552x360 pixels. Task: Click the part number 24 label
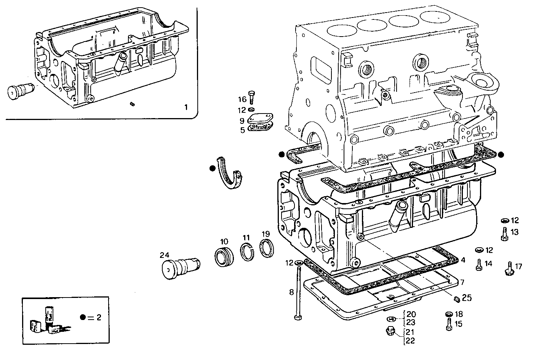click(164, 255)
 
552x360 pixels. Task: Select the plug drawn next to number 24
click(181, 268)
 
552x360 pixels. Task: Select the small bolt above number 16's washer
click(251, 97)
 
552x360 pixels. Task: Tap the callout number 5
click(243, 130)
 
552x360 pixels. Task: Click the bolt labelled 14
click(479, 265)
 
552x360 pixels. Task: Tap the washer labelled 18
click(449, 314)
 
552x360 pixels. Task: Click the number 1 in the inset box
click(186, 107)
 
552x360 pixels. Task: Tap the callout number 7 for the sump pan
click(462, 282)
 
